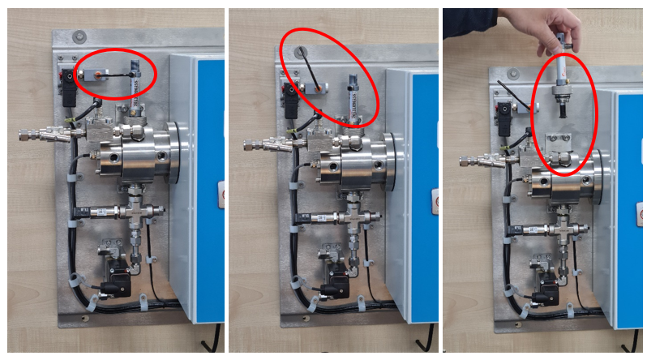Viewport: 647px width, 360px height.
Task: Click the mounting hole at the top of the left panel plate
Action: click(79, 37)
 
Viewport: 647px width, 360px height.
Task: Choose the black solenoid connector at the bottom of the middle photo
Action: click(328, 288)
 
